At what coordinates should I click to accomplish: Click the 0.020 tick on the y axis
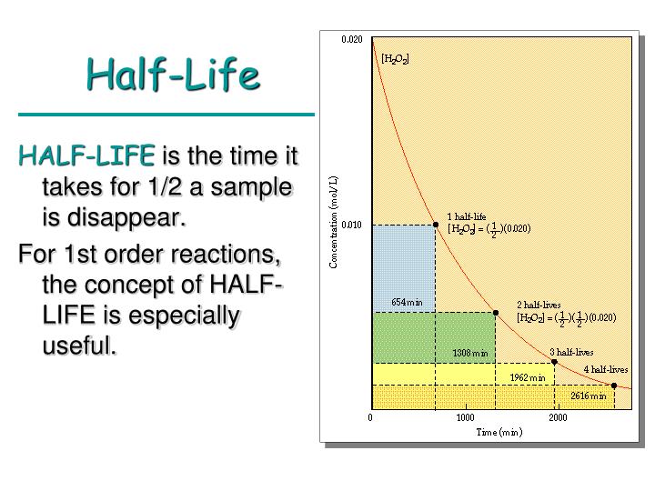pos(351,40)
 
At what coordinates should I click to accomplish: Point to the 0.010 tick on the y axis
pos(351,225)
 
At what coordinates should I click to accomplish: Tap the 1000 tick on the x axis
pos(464,418)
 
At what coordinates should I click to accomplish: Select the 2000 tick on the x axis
pos(558,418)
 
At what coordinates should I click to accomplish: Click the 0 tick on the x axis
pos(370,418)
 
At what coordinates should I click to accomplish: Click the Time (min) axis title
pos(499,432)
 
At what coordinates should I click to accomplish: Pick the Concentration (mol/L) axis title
pos(333,223)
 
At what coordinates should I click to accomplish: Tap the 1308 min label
pos(470,353)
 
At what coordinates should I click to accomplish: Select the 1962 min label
pos(528,376)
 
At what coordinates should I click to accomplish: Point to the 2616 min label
pos(589,396)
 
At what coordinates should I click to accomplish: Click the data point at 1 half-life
pos(435,225)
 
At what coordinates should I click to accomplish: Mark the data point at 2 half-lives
pos(495,312)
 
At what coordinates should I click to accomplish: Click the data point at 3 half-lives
pos(554,362)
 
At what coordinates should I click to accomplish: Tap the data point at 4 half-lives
pos(614,386)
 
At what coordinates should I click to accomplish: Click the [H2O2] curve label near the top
pos(395,59)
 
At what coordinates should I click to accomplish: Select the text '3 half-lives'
pos(571,352)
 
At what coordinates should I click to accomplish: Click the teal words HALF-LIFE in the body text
pos(87,156)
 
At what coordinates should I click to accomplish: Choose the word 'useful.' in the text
pos(80,346)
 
